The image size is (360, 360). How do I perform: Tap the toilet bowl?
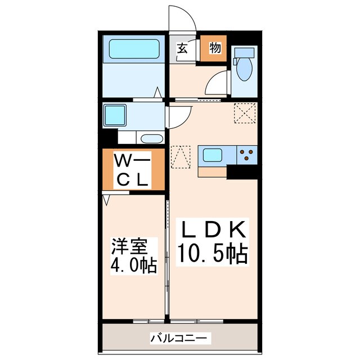point(244,70)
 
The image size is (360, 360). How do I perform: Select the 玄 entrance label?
point(182,48)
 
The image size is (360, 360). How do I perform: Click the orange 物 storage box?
point(214,48)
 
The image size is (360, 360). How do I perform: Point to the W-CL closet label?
point(133,171)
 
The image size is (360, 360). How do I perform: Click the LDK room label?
point(213,230)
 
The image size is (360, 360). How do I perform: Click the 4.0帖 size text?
point(133,264)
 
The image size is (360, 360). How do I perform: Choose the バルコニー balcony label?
point(181,339)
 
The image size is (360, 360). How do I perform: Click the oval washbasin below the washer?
point(150,138)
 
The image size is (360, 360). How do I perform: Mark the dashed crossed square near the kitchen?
point(246,115)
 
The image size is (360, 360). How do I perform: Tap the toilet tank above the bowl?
point(244,54)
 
